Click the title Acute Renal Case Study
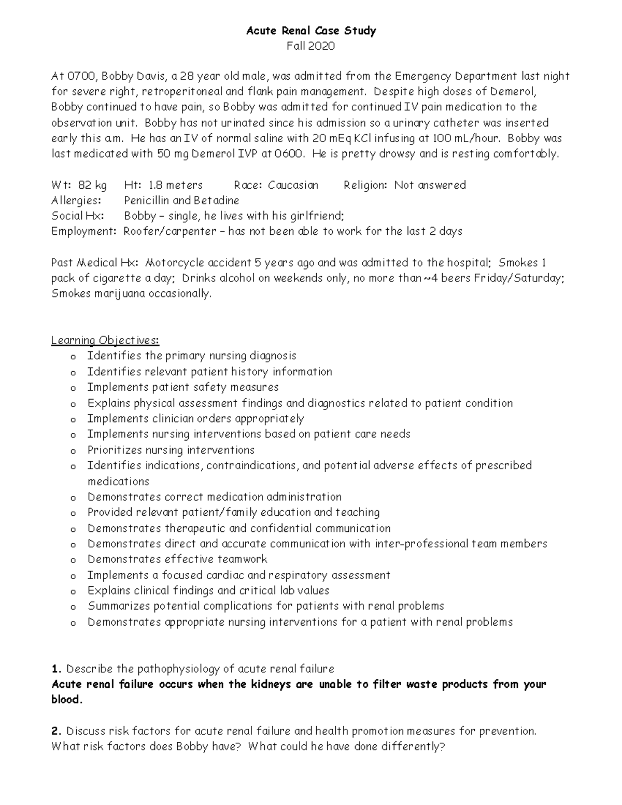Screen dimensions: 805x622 click(311, 31)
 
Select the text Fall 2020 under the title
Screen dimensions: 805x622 click(311, 46)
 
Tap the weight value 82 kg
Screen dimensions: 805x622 click(93, 185)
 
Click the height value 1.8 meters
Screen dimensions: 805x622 click(176, 185)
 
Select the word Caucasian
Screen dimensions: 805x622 click(293, 185)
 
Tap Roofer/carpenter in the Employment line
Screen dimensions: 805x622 click(170, 232)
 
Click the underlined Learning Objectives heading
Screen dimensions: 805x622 click(105, 341)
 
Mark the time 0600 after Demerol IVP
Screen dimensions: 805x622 click(288, 154)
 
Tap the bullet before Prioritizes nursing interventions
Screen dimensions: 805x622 click(74, 451)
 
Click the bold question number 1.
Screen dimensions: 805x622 click(56, 669)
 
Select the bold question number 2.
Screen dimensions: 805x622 click(56, 731)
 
